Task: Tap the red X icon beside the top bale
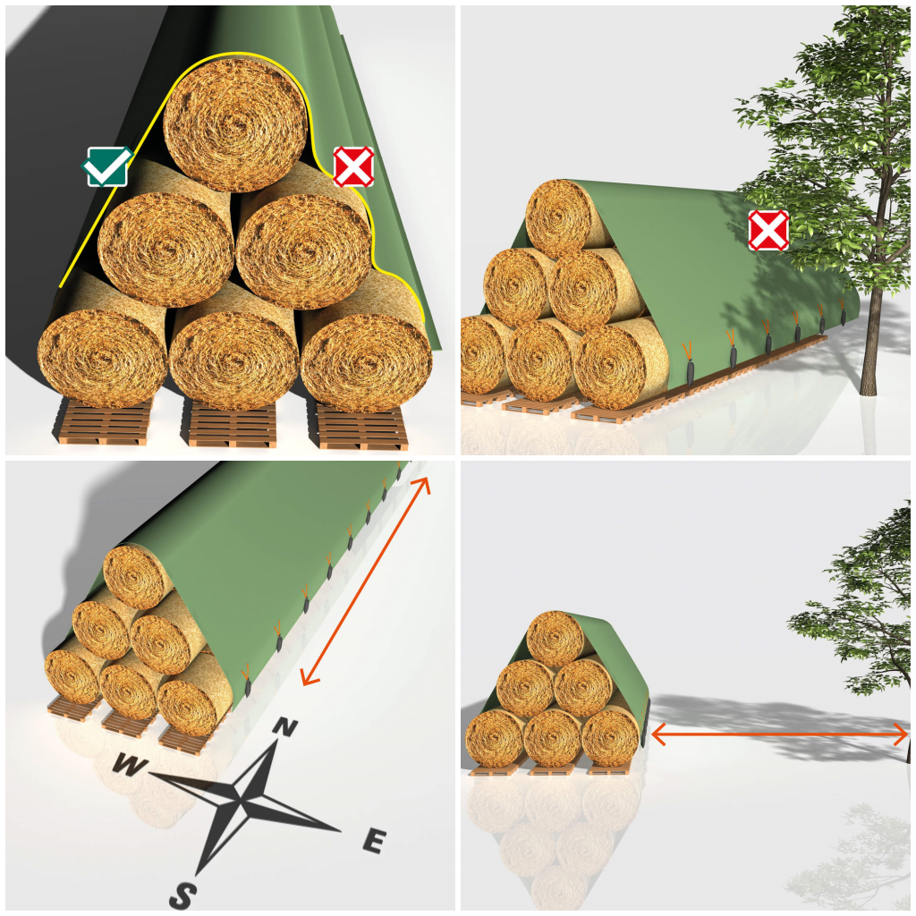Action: [353, 166]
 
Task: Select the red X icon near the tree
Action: [768, 231]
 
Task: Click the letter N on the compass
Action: [284, 728]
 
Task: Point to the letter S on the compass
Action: [183, 893]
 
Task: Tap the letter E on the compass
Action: [374, 841]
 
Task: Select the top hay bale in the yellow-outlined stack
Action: [236, 125]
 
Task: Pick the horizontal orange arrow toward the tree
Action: [778, 734]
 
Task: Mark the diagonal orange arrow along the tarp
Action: [367, 581]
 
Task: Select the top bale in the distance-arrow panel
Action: [555, 638]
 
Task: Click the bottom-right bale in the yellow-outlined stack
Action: [367, 360]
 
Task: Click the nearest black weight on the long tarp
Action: [690, 373]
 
